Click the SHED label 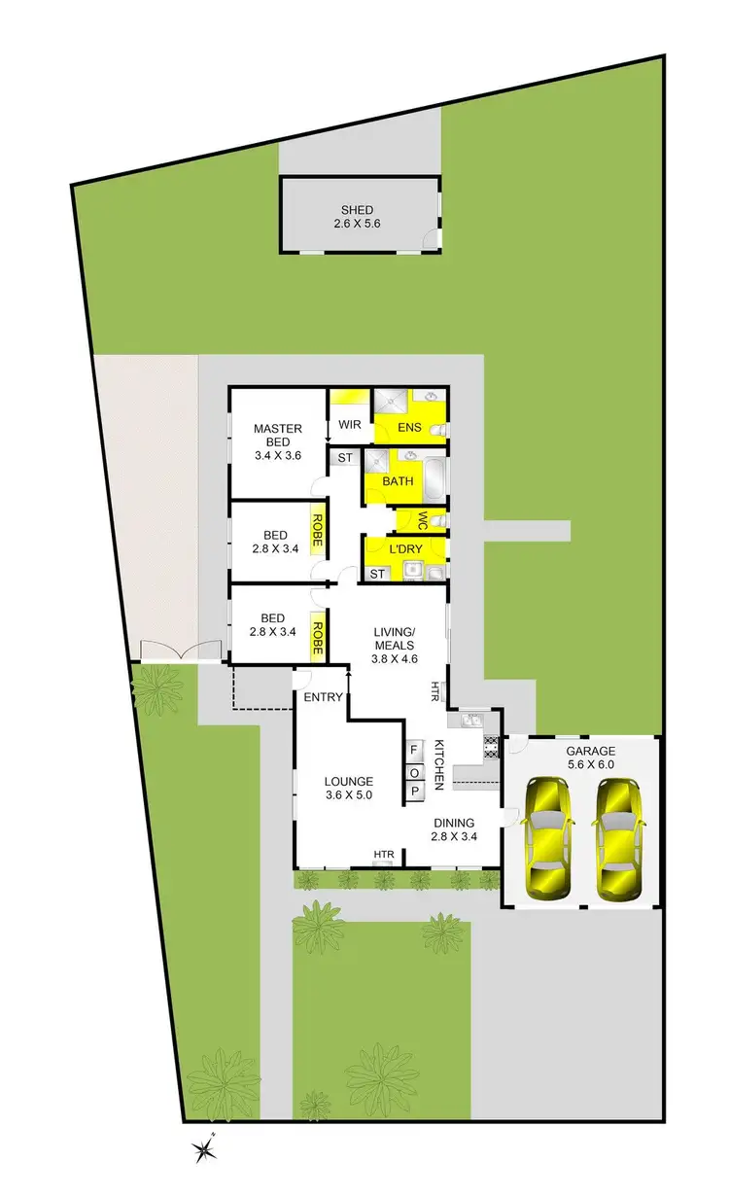click(x=357, y=210)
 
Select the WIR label click(x=350, y=425)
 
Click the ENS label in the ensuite click(x=407, y=425)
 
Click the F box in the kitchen click(x=414, y=750)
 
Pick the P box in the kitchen click(x=414, y=791)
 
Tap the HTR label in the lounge click(x=385, y=855)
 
